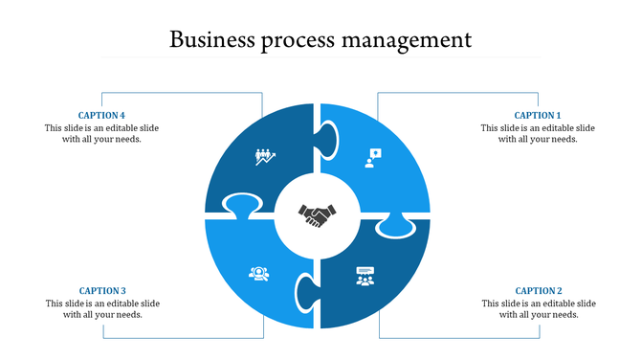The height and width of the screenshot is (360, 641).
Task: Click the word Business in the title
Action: pos(211,40)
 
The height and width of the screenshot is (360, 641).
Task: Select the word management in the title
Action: pos(413,40)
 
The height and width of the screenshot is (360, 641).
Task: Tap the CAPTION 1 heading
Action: pos(538,116)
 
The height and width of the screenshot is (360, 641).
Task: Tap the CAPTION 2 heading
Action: pos(539,291)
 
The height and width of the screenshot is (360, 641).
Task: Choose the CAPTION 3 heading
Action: pos(102,291)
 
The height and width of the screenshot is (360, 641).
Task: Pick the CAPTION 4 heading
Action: pos(102,116)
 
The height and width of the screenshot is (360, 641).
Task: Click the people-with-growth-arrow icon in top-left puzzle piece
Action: pos(265,157)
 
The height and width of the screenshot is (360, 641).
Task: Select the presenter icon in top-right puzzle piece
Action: pos(371,157)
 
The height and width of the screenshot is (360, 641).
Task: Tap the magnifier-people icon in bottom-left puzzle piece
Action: pos(258,274)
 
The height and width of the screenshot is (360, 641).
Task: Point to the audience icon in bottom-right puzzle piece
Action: pos(365,277)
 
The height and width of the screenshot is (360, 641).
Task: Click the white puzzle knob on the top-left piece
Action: pos(242,205)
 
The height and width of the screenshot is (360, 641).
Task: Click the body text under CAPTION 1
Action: pos(538,133)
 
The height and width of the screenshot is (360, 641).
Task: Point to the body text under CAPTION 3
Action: pos(102,308)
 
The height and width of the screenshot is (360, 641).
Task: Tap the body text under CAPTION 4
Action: pos(102,133)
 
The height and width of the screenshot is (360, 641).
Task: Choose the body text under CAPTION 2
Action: pos(539,308)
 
